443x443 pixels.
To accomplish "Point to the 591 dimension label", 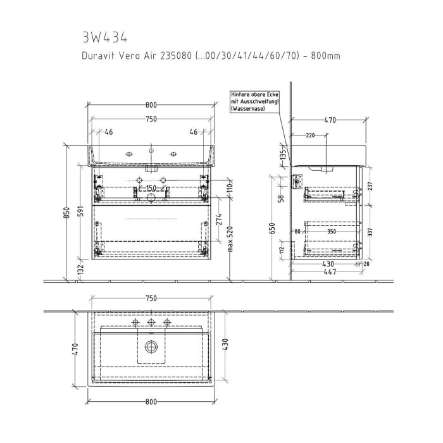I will point(81,212).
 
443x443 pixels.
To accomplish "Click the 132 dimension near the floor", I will point(81,269).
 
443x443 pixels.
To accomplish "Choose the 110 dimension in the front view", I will point(231,187).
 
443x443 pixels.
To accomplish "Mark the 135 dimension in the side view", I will point(284,154).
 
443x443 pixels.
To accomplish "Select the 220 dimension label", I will point(311,135).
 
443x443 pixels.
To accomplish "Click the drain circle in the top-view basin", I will point(151,346).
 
